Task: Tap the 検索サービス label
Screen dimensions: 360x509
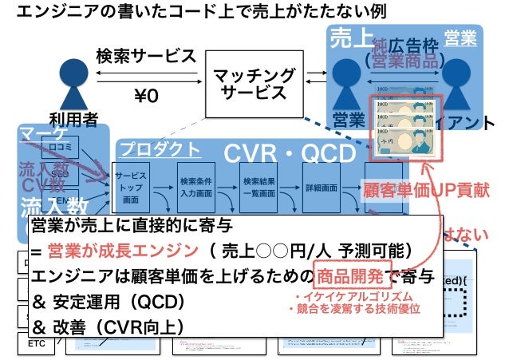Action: (x=145, y=57)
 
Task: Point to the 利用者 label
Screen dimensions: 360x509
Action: (x=73, y=120)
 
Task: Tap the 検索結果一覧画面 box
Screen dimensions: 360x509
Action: (x=258, y=187)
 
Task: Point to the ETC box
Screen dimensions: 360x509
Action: (x=37, y=344)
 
